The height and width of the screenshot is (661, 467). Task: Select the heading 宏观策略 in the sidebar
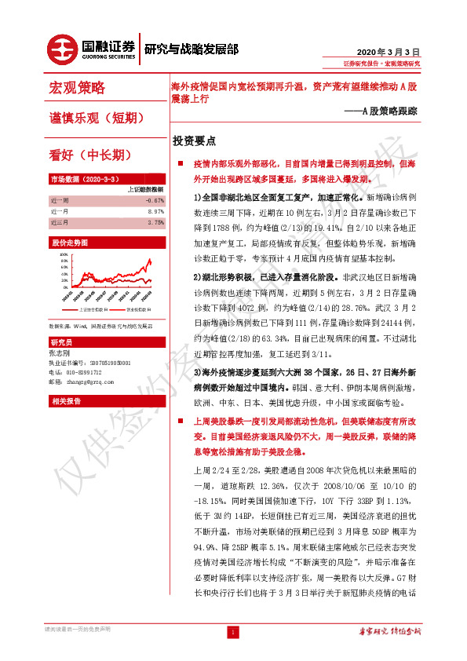click(77, 87)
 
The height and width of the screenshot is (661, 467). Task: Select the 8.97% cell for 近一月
click(155, 211)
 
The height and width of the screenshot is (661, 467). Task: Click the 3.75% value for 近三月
click(155, 222)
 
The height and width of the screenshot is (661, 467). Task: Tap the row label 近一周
click(59, 200)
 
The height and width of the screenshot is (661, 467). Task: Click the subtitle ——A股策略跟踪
click(380, 111)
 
